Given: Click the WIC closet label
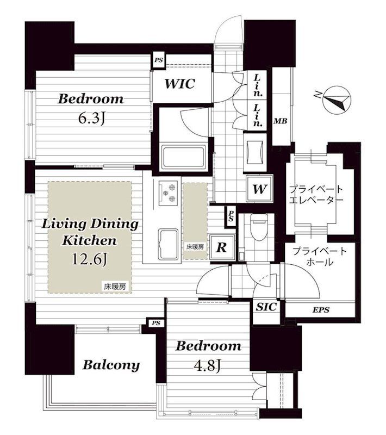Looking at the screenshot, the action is coord(180,84).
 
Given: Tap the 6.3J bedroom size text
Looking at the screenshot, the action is coord(91,119).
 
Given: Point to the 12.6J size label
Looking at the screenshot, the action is coord(89,259).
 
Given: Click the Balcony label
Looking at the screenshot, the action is coord(111,365).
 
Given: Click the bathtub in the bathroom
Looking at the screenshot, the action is coord(184,157).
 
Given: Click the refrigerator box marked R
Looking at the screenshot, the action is coord(222,247).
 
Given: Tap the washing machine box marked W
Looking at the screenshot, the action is coord(259,189).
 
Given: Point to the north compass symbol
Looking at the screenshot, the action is coord(337,101).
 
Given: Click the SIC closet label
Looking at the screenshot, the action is coord(266,307).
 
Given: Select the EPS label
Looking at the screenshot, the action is coord(321,309).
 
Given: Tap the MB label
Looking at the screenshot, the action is coord(281,121).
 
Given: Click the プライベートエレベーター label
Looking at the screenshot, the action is coord(316,195).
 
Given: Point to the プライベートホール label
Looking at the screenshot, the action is coord(320,257).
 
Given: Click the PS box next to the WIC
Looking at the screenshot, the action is coord(159,60).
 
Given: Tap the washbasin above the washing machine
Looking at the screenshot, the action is coord(254,152).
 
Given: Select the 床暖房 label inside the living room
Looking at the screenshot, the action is coord(115,287).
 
